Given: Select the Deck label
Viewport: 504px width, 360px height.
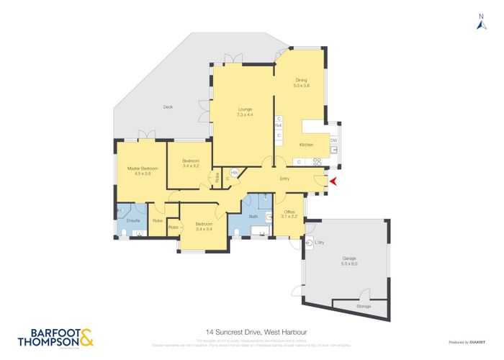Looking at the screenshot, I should [x=168, y=107].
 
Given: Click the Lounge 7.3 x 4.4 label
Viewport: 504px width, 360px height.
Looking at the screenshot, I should [x=244, y=112].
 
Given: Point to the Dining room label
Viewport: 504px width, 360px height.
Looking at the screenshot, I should [x=301, y=83].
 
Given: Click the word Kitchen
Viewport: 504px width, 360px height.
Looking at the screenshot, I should [x=306, y=145].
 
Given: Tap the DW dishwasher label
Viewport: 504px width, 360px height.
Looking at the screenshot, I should [x=333, y=140].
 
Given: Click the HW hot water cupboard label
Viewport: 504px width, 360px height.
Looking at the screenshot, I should [x=234, y=171].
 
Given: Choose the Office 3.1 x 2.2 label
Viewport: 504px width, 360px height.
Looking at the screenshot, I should [x=289, y=214].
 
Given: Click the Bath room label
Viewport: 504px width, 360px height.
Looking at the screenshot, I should [x=253, y=216].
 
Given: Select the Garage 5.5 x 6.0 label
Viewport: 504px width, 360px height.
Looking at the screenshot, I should [x=349, y=260].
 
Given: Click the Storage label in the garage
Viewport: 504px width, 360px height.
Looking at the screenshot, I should [x=364, y=306].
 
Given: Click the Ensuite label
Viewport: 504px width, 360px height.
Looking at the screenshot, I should [x=132, y=220].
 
